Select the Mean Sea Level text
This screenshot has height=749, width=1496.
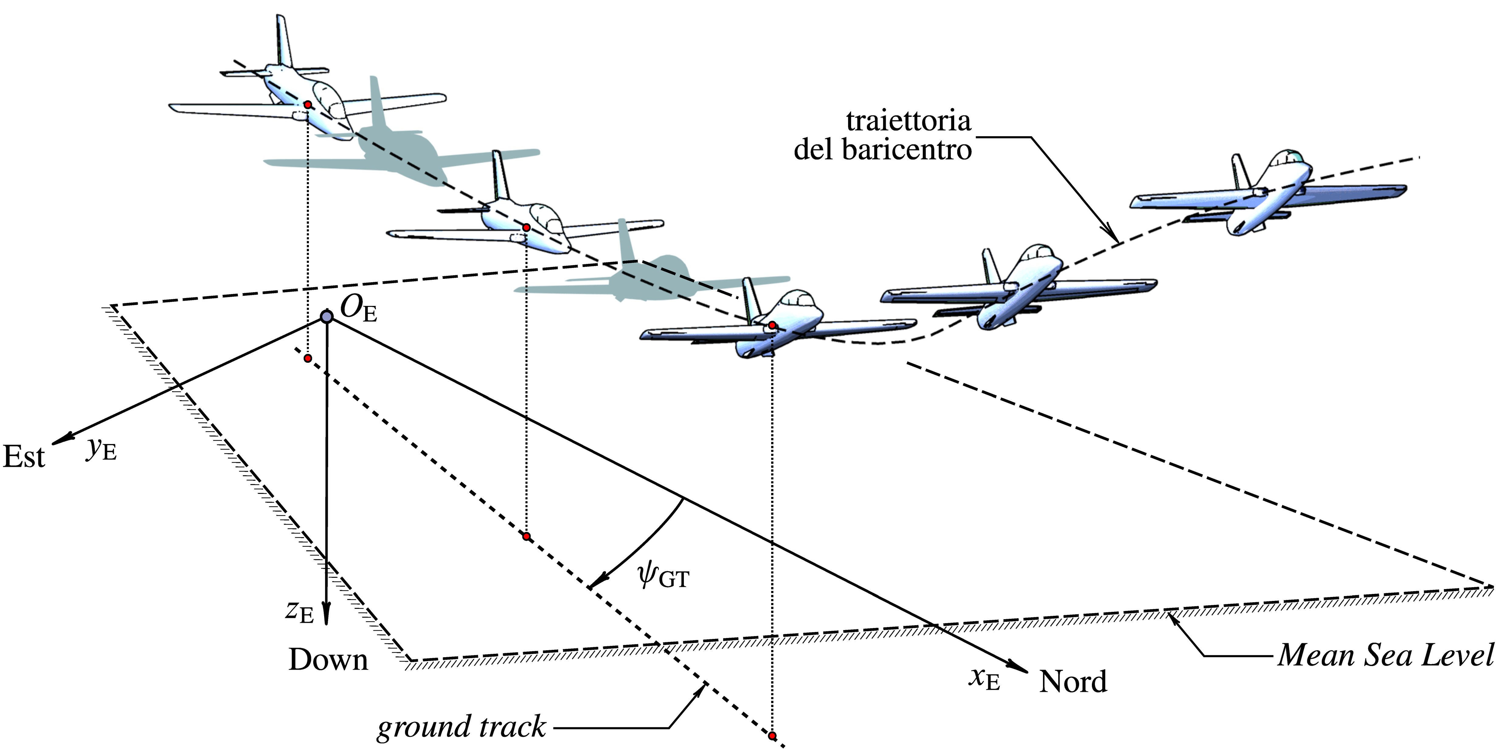tap(1385, 655)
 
